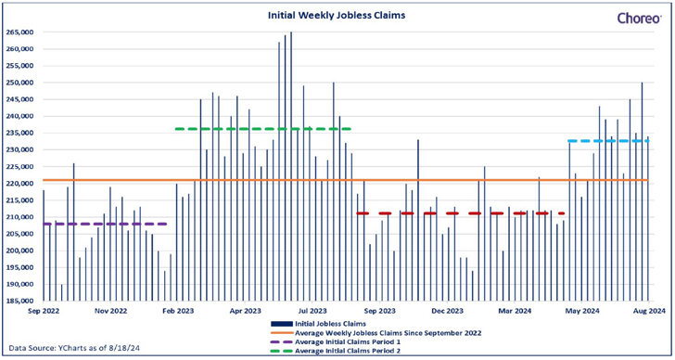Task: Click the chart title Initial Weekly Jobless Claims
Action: (x=337, y=16)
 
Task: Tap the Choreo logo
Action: (x=639, y=18)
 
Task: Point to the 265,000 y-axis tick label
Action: (x=19, y=32)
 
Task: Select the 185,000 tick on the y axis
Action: (x=19, y=301)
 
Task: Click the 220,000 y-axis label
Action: (x=19, y=184)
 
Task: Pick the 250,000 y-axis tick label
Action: (x=19, y=83)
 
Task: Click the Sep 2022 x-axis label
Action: (x=44, y=311)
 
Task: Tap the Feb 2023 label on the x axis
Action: (x=178, y=311)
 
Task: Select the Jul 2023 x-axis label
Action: (x=312, y=311)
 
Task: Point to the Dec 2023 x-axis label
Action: (x=447, y=311)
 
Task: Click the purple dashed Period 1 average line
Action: (x=105, y=224)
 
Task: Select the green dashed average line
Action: (x=263, y=129)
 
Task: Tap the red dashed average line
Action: (x=461, y=213)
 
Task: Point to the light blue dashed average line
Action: (x=608, y=141)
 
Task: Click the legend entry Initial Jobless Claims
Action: (x=319, y=324)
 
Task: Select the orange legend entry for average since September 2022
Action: (x=376, y=333)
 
